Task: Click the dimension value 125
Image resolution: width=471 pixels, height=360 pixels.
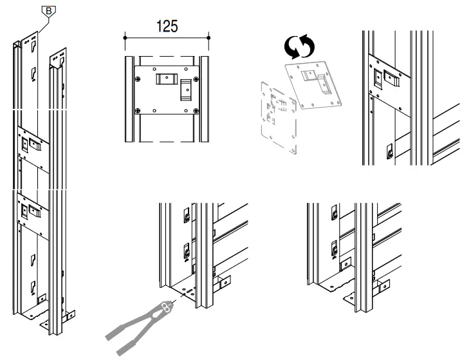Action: (x=166, y=26)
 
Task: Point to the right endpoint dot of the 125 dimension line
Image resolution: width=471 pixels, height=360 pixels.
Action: (x=208, y=38)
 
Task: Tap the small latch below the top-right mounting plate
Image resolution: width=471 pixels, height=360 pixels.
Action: (x=387, y=151)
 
